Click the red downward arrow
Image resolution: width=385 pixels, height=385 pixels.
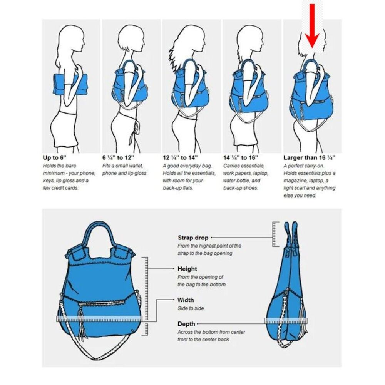pos(312,26)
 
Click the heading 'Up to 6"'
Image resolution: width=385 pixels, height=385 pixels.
pos(55,157)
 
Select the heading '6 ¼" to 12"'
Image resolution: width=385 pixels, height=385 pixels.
pos(118,157)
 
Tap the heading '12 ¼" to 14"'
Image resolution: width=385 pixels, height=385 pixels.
pos(180,157)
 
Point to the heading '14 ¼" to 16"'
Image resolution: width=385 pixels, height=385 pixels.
pos(241,157)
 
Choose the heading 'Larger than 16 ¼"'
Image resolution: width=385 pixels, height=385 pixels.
pos(310,157)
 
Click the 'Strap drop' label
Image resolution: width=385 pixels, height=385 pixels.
pos(193,238)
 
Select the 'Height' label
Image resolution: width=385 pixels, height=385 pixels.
pos(187,269)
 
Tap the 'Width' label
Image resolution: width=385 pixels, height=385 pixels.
pos(186,300)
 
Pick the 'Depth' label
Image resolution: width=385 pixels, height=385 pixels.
pos(186,324)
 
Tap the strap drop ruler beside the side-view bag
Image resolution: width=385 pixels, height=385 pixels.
pos(276,234)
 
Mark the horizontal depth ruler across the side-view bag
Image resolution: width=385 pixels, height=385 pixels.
pos(286,321)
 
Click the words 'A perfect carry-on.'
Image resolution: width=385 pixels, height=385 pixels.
pos(300,166)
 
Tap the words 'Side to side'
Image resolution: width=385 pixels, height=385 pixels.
pos(191,308)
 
